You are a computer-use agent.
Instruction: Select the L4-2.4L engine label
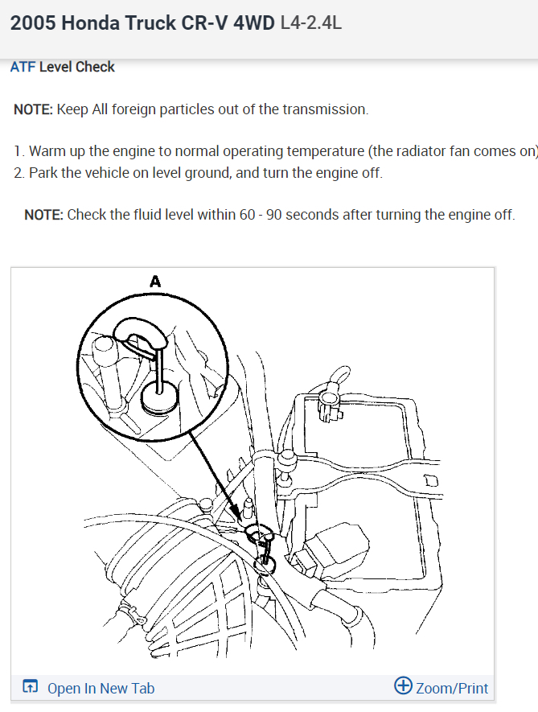pos(311,23)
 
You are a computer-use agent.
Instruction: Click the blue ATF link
pos(23,67)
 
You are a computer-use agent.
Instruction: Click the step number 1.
pos(18,151)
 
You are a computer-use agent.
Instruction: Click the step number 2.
pos(18,173)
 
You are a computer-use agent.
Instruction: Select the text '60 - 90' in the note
pos(258,215)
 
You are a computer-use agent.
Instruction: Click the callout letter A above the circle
pos(155,281)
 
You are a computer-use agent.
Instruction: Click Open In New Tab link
pos(101,688)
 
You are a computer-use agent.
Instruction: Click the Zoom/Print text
pos(451,688)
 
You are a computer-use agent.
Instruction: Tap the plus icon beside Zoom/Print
pos(403,686)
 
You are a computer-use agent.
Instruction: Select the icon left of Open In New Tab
pos(31,687)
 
